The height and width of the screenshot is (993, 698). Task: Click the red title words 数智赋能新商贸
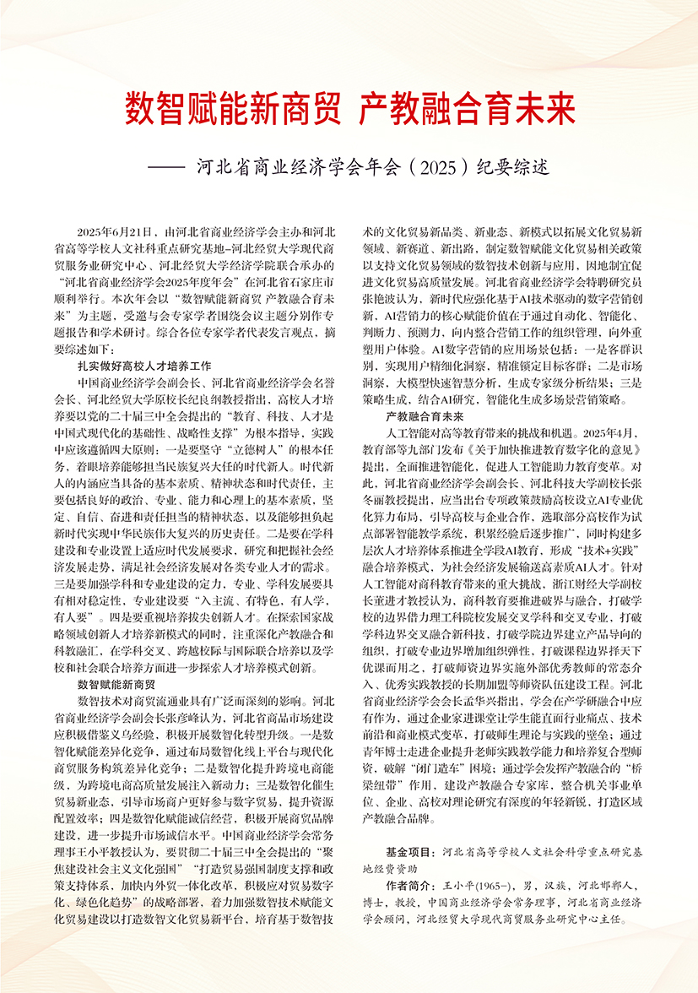coord(233,109)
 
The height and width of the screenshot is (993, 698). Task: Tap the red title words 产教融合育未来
coord(467,109)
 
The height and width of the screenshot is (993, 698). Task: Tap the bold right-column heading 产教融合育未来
coord(425,417)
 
